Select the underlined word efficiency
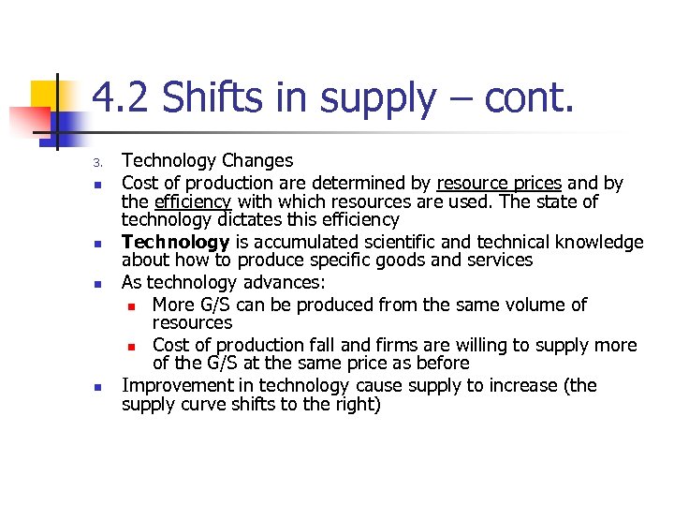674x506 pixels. [193, 201]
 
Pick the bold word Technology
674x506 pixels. [175, 242]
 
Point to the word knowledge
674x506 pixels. [596, 242]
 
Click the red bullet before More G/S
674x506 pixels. [133, 305]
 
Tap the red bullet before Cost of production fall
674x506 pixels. [133, 346]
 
